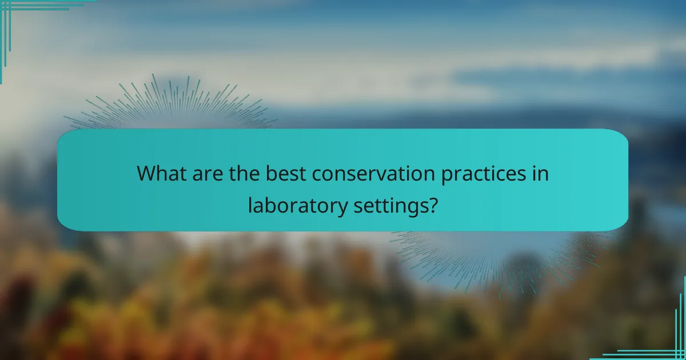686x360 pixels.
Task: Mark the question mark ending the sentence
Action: (x=433, y=205)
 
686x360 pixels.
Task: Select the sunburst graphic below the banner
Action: (x=503, y=257)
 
